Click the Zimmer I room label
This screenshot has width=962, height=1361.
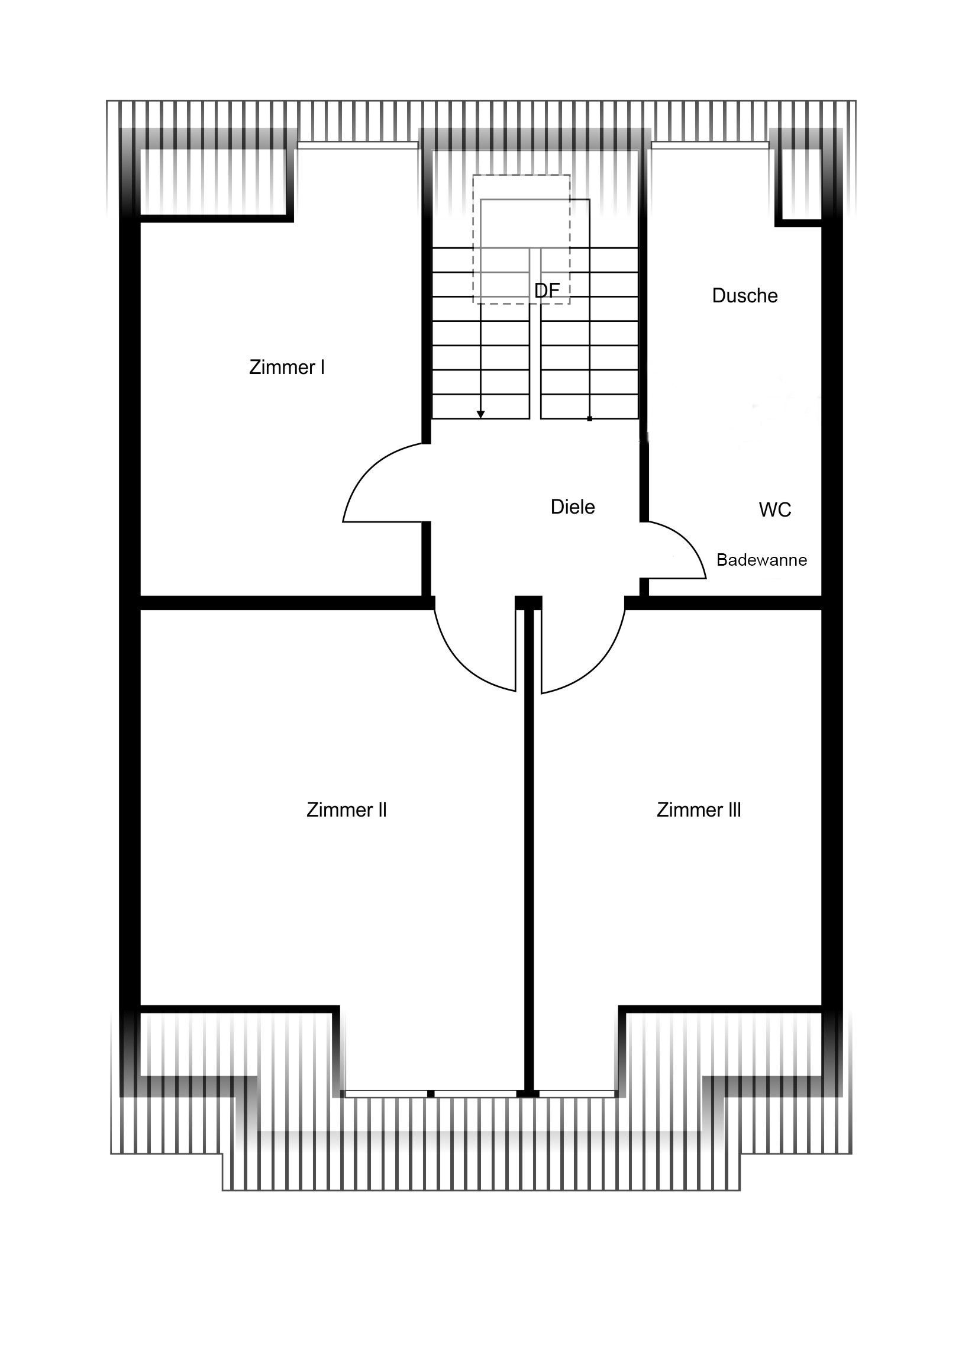pos(287,367)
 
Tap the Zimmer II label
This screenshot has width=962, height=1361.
pos(347,809)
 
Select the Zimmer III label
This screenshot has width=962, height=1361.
pos(699,809)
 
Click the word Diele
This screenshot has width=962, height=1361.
pos(573,507)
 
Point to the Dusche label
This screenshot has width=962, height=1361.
pos(745,295)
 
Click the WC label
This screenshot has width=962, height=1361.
pos(775,509)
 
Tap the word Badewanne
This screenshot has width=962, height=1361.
pos(761,560)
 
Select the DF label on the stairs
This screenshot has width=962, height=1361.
pos(547,291)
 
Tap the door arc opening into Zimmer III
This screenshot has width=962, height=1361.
pos(599,667)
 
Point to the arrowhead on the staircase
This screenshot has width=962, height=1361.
pos(480,414)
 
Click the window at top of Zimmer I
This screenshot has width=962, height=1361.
pos(357,144)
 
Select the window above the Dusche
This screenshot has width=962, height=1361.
pos(710,144)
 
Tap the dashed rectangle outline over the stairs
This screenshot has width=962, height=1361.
pos(522,175)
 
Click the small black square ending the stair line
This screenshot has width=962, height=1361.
pos(590,419)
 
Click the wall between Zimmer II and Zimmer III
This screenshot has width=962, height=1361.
pos(530,847)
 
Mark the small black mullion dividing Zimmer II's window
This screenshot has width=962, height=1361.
pos(431,1094)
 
